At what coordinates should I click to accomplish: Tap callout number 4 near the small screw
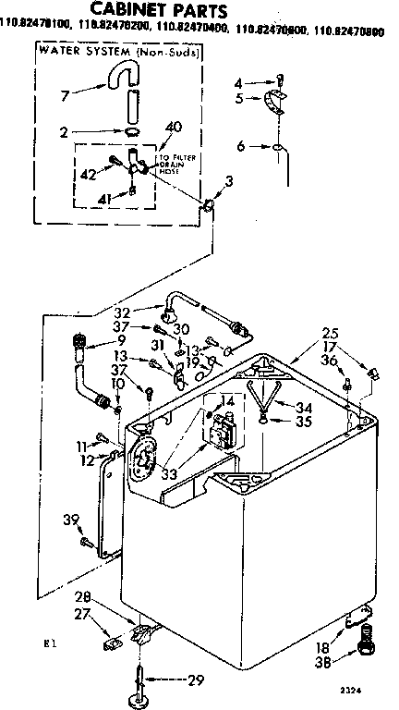pyautogui.click(x=239, y=82)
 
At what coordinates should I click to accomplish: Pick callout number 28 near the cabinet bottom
pyautogui.click(x=108, y=596)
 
